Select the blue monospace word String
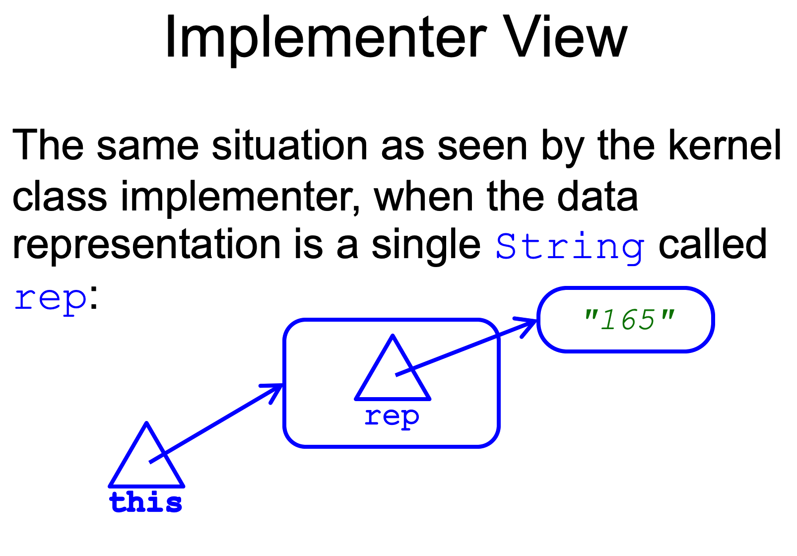tap(570, 246)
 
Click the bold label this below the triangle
tap(146, 502)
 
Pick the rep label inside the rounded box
tap(392, 417)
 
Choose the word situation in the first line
tap(290, 145)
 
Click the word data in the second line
tap(598, 197)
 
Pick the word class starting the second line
tap(60, 197)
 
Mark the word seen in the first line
tap(482, 145)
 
